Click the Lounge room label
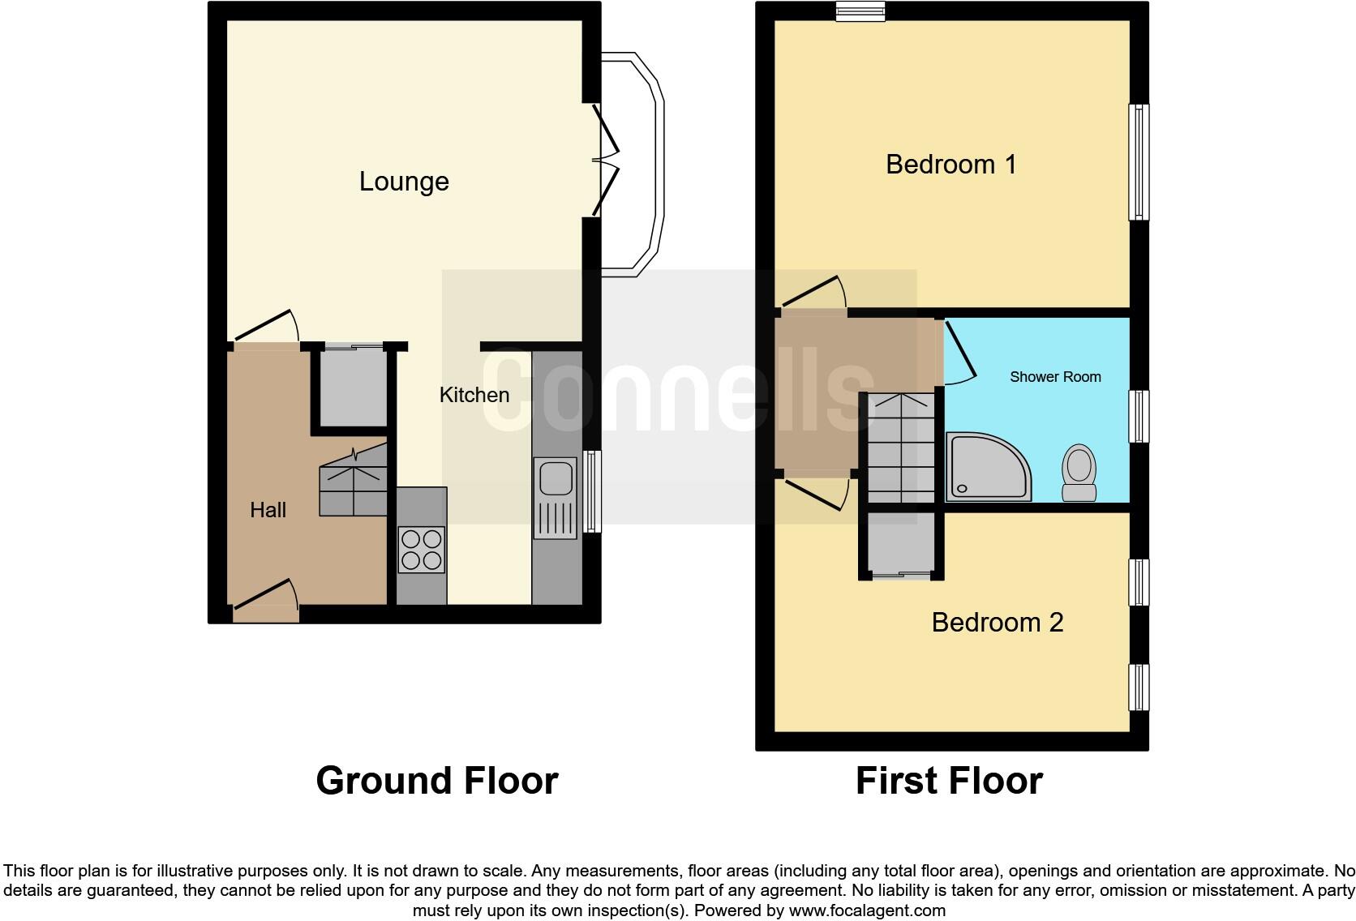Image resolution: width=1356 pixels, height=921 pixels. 404,182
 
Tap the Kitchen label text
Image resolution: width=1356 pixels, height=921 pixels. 474,395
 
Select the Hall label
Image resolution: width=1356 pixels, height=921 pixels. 268,510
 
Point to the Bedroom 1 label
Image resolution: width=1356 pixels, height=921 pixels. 950,165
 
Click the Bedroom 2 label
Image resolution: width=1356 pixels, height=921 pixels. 997,623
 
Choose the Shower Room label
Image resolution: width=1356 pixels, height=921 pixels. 1055,377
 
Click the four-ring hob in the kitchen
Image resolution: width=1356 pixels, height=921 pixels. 422,550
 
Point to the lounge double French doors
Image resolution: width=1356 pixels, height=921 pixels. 607,160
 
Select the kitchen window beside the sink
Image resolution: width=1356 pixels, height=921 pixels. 593,491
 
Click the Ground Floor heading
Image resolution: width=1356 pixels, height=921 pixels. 436,781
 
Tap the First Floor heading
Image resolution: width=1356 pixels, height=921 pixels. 949,781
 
